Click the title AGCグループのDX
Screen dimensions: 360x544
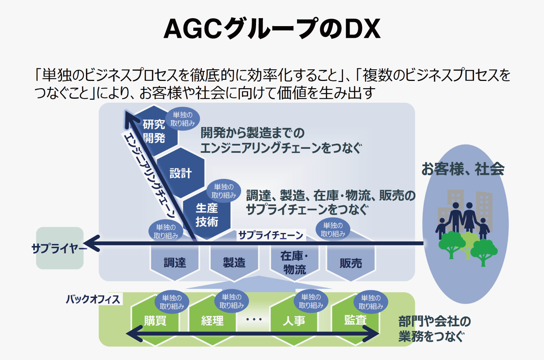[272, 29]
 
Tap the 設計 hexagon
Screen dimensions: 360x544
[180, 173]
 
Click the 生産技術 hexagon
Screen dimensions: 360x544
[207, 215]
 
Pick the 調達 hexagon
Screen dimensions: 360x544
[175, 262]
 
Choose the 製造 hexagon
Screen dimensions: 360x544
[234, 262]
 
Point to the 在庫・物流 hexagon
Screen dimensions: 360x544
[294, 262]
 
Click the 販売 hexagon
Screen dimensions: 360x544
[351, 263]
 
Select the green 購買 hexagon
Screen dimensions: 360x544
[155, 321]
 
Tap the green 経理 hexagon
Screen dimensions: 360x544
[212, 321]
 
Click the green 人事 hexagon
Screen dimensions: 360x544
[294, 321]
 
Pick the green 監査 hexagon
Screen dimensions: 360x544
[355, 320]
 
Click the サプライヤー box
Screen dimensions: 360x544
[60, 248]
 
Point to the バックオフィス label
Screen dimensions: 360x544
[93, 299]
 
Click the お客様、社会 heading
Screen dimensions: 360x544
[463, 169]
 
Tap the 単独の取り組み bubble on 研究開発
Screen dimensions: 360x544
[183, 119]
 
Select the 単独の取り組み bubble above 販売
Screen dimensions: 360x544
[333, 230]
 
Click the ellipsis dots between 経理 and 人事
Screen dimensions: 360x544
[254, 320]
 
